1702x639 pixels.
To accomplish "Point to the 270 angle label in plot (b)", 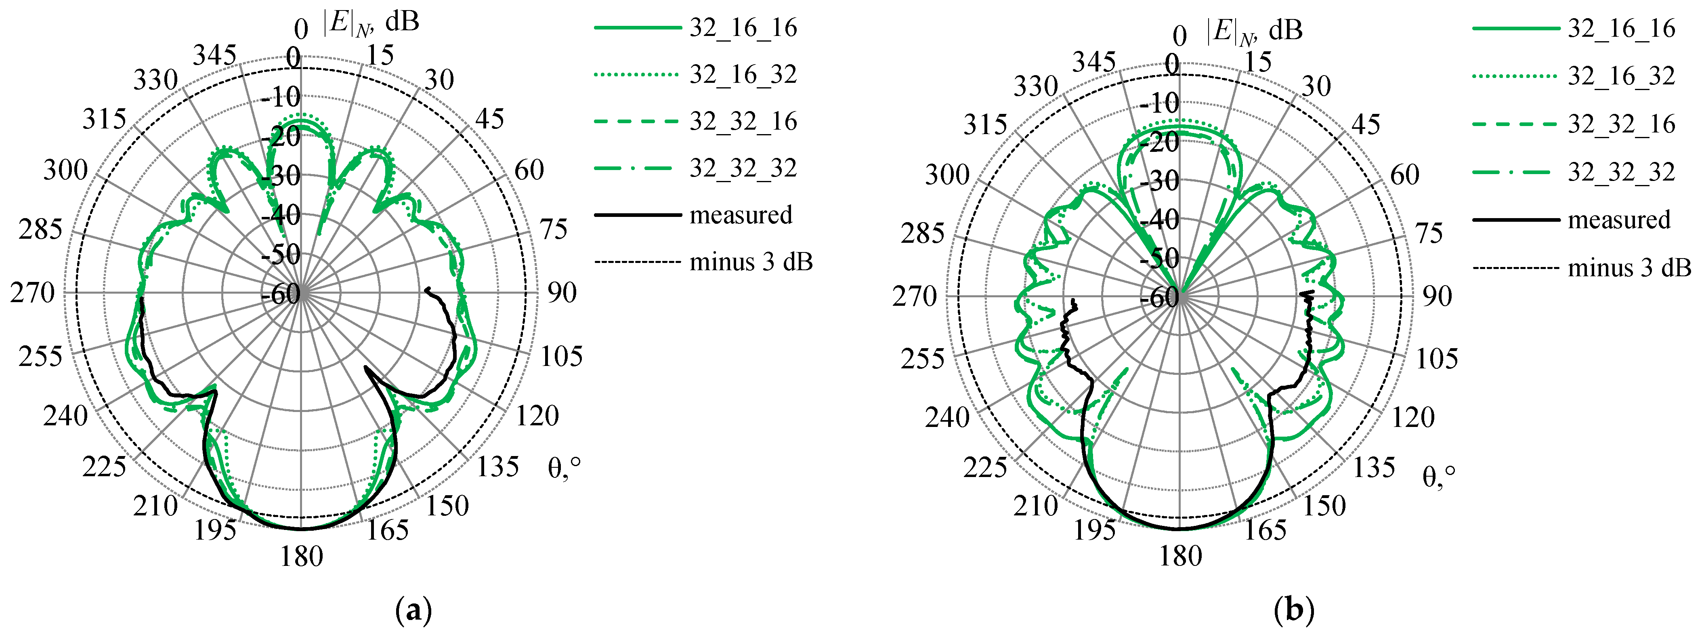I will (x=915, y=297).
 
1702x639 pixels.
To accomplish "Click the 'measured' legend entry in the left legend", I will (x=741, y=215).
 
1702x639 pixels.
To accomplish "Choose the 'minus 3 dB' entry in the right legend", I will (x=1629, y=268).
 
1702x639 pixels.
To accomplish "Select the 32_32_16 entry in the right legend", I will (x=1621, y=124).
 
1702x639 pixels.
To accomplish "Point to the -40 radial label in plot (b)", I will (x=1160, y=219).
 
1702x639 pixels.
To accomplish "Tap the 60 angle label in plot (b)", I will (x=1405, y=175).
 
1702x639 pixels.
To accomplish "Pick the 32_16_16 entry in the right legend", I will (x=1621, y=28).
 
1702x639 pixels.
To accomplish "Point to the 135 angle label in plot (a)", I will (x=498, y=467).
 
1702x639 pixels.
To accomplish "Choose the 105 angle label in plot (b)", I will (x=1436, y=359).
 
